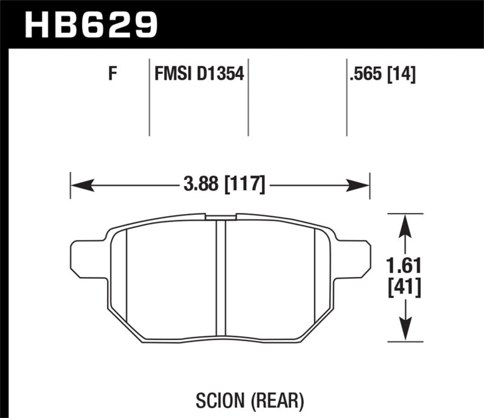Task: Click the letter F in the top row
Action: point(111,76)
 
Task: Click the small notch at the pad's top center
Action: point(220,216)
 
